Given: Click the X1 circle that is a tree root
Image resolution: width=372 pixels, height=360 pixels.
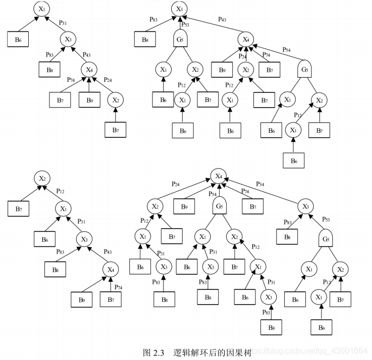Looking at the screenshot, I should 42,9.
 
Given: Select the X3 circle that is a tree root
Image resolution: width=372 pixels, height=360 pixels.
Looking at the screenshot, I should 179,9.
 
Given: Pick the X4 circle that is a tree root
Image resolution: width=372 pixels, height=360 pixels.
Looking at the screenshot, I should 218,176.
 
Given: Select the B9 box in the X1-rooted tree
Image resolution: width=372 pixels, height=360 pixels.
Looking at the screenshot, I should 89,100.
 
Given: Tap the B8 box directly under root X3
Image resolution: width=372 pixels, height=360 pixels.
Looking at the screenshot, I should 145,39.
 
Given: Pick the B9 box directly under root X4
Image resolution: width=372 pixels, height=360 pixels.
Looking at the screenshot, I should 184,207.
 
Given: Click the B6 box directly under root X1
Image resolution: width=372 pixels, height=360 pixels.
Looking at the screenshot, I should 18,39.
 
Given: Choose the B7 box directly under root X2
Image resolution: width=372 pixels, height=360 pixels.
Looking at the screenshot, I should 18,208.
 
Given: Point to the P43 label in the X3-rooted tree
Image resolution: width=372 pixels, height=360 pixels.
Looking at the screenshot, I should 222,19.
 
